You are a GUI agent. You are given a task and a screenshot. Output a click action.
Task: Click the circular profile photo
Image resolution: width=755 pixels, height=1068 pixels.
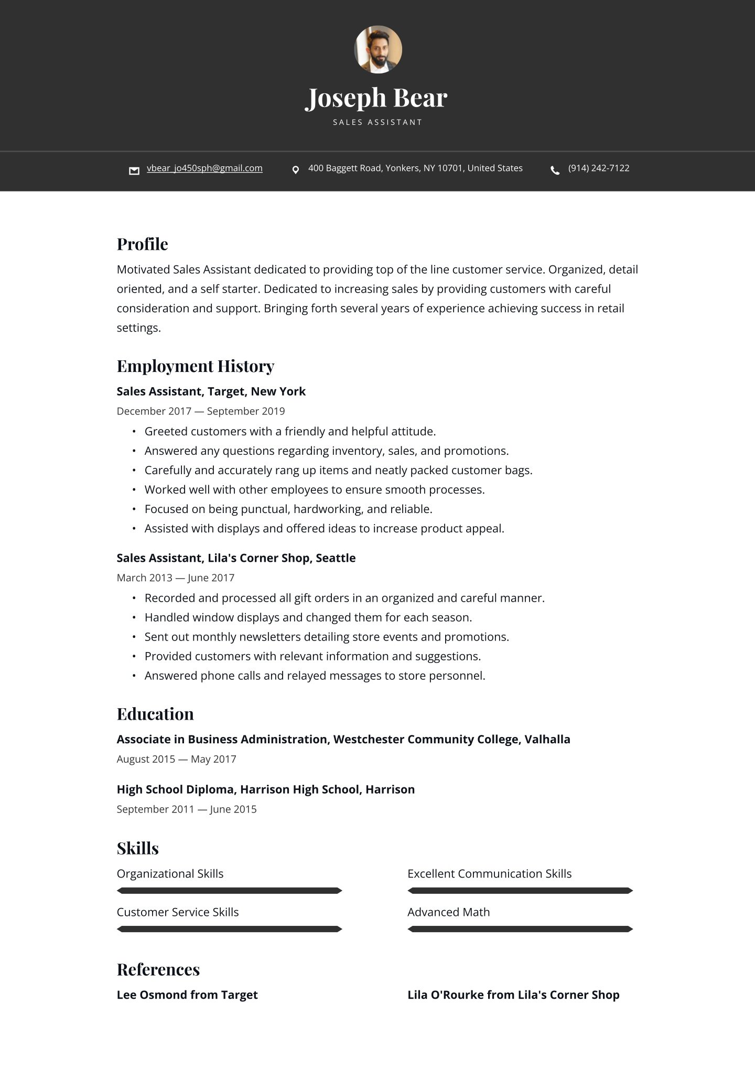378,49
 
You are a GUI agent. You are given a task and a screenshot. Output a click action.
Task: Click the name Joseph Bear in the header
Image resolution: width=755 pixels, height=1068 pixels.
376,98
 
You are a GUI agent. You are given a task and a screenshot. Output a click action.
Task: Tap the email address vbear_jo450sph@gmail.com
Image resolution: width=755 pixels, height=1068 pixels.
204,168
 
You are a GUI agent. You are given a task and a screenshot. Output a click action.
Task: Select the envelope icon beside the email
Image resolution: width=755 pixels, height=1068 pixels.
134,170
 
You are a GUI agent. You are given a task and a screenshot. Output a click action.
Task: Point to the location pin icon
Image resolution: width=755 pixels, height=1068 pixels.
296,170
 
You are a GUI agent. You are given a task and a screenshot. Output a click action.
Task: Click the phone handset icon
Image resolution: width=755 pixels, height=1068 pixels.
555,170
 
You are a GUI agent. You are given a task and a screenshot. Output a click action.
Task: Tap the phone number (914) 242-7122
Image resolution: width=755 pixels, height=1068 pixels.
599,168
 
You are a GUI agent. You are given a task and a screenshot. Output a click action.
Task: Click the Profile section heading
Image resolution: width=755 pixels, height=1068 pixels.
142,244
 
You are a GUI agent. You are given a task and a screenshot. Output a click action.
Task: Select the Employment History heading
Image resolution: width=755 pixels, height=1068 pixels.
195,366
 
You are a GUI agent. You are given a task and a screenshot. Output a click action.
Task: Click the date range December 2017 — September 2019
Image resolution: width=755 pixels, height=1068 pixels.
201,411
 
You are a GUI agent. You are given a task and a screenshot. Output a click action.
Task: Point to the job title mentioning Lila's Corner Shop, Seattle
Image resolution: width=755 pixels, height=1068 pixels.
236,558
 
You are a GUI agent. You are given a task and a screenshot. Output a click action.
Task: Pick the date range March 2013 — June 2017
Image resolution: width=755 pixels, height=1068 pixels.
176,578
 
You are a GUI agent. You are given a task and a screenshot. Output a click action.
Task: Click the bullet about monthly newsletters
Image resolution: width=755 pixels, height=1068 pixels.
327,637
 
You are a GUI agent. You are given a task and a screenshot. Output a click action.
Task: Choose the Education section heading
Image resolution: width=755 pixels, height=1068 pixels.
155,714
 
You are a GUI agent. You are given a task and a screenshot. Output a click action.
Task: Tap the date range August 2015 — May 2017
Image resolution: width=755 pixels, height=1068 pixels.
177,759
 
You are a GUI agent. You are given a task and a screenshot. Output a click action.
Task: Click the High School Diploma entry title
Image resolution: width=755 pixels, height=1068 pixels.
265,789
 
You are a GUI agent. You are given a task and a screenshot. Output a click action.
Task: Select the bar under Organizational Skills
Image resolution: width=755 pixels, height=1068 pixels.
229,891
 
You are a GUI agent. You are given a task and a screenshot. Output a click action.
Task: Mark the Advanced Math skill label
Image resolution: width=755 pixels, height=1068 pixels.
448,912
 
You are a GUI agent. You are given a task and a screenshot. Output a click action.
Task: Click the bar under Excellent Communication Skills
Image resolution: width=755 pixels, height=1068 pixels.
520,891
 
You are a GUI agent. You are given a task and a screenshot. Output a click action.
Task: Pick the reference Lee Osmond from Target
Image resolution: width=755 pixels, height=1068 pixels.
187,995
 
